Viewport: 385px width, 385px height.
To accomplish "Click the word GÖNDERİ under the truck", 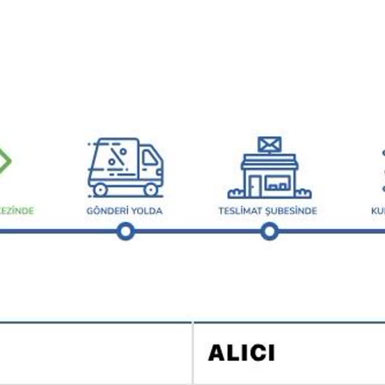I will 105,211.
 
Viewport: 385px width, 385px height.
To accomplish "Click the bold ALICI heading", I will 241,353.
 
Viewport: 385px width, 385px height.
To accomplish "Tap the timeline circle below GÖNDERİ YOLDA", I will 125,232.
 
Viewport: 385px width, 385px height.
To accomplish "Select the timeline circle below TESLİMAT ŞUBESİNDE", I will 270,232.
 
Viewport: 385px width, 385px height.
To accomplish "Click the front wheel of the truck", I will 151,189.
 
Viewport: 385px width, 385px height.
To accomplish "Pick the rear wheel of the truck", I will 100,189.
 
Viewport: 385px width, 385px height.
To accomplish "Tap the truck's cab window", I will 150,158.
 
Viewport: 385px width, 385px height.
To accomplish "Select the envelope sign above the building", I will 270,144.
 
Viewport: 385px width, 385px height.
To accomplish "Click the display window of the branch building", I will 277,183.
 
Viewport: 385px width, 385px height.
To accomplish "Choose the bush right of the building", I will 303,193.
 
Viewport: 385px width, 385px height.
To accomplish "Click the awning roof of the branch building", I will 270,161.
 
